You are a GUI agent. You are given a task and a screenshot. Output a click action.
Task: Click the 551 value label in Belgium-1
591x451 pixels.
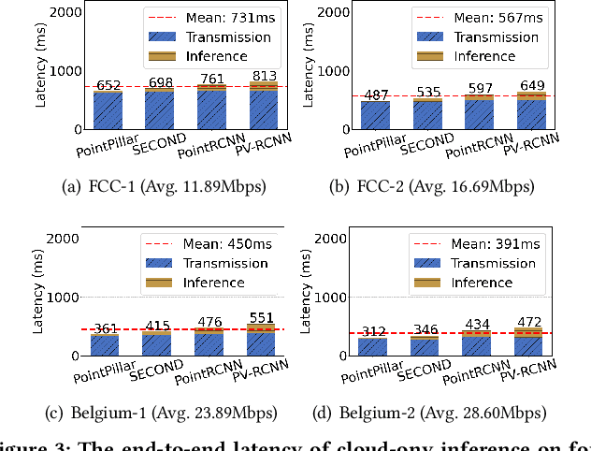coord(263,317)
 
